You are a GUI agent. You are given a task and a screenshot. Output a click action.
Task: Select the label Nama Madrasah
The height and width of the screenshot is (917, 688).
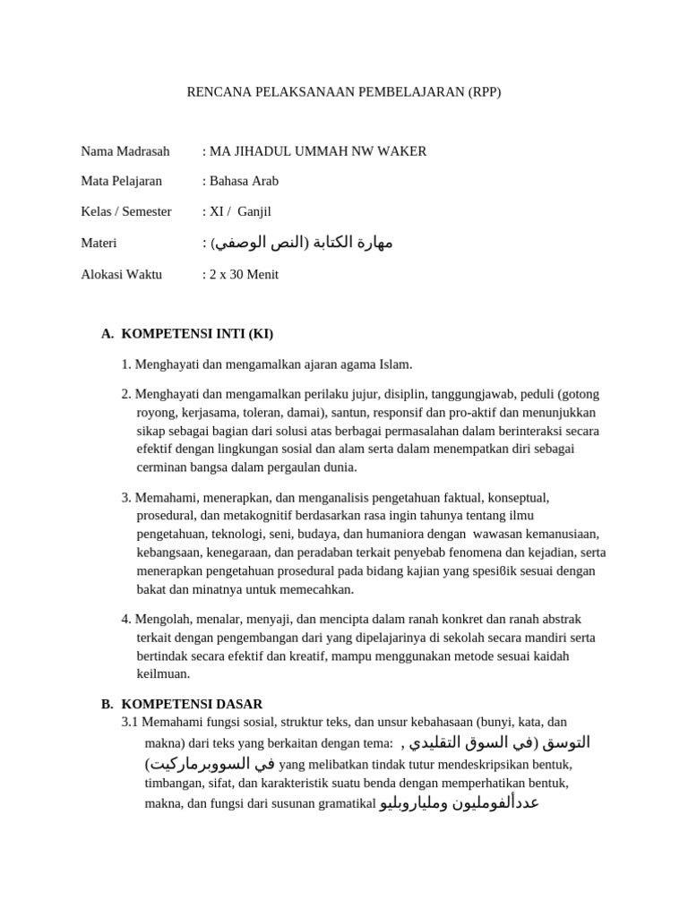tap(125, 151)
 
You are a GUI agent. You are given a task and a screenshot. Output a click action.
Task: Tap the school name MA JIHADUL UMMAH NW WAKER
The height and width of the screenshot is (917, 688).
tap(318, 151)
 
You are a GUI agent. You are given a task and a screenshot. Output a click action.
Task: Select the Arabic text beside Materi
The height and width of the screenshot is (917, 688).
tap(301, 243)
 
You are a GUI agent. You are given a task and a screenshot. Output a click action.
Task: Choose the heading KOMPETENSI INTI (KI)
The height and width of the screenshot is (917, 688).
tap(197, 334)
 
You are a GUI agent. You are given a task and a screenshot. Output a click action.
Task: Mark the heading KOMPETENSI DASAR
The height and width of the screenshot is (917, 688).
tap(192, 705)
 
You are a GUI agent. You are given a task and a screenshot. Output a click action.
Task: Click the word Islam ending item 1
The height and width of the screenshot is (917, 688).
tap(395, 364)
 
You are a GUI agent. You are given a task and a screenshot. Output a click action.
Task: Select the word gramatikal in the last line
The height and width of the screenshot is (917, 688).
tap(346, 803)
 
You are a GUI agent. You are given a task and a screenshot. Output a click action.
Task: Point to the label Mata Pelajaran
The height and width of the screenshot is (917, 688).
tap(122, 181)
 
